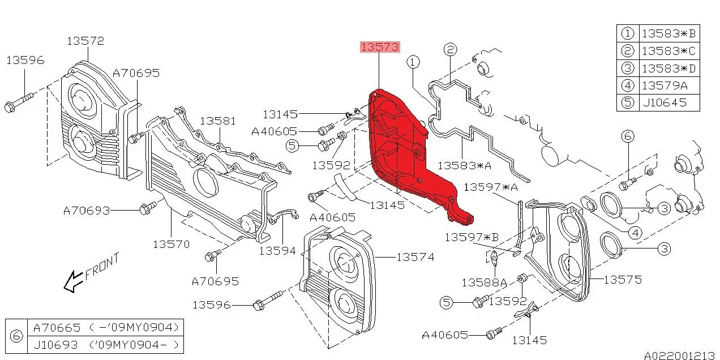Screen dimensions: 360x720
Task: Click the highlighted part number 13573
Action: pos(380,47)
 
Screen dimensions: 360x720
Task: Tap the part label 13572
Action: pos(85,41)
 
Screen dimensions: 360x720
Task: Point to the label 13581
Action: pos(217,121)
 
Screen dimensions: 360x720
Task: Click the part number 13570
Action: pos(171,244)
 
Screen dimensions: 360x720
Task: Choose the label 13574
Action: pos(415,257)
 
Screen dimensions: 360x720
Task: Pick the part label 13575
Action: pos(623,279)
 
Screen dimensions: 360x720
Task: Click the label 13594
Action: pos(278,250)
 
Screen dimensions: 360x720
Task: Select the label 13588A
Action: pos(484,282)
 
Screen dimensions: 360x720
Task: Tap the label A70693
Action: pos(86,211)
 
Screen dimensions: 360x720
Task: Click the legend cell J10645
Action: pos(664,102)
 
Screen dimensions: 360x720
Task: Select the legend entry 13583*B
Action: pos(668,33)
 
